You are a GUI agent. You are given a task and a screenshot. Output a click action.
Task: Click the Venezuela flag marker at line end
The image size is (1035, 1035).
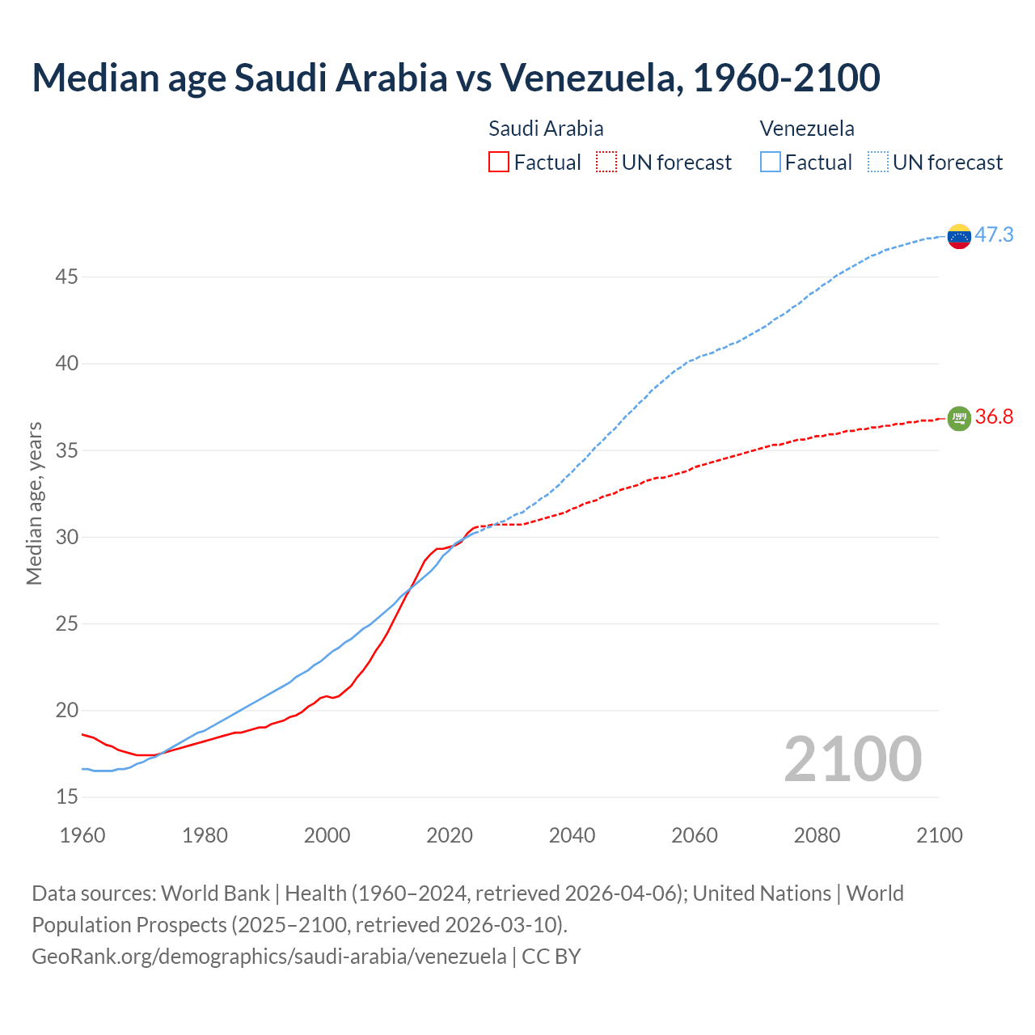point(958,236)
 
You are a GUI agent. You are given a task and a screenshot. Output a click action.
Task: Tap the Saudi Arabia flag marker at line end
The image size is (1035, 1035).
point(958,418)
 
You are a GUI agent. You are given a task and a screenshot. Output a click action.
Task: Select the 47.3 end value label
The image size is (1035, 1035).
point(994,234)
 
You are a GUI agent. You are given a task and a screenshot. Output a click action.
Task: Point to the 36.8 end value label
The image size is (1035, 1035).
point(994,416)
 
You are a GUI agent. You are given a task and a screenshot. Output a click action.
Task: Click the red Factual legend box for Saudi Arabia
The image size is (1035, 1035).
point(499,163)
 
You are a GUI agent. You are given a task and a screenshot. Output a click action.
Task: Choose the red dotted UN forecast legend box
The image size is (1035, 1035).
point(606,163)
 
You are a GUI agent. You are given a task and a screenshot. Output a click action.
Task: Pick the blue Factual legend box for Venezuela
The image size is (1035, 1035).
point(771,163)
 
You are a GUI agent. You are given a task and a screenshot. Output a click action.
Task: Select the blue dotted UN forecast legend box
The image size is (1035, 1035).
point(878,163)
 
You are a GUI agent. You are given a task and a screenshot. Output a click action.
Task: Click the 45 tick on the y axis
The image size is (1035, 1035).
point(66,277)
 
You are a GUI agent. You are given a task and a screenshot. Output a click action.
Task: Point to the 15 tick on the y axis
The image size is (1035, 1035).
point(66,797)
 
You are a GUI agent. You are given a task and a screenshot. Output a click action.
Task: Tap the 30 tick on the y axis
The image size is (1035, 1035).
point(66,538)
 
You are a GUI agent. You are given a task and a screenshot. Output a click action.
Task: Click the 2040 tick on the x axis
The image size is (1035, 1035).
point(572,835)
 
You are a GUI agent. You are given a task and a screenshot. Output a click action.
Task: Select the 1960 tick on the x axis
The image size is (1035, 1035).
point(82,835)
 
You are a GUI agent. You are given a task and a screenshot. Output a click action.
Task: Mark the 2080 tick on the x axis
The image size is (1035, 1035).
point(817,835)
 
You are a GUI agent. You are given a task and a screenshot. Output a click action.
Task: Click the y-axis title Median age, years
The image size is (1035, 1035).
point(34,503)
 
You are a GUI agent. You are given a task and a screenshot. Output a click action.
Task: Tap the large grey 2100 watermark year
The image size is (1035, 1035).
point(852,758)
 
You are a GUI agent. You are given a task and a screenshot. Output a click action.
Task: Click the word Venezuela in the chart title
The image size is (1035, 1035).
point(587,78)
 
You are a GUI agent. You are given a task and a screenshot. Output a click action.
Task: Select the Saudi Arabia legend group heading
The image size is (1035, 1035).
point(546,129)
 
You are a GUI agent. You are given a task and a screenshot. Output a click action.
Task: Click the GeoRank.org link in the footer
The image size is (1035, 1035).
point(268,956)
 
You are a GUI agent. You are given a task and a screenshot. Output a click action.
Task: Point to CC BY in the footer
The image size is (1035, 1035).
point(551,956)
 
